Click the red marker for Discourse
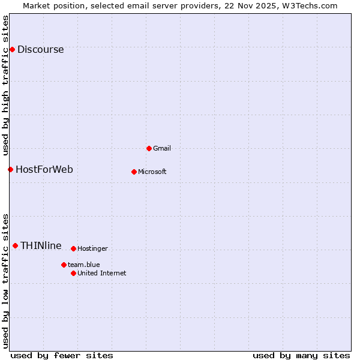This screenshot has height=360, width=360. click(12, 49)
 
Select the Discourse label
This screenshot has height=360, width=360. click(40, 50)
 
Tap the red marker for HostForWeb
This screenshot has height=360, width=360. click(10, 169)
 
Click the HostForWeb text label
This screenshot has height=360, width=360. click(44, 170)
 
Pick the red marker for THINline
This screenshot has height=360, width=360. click(15, 245)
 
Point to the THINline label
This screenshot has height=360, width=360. click(41, 246)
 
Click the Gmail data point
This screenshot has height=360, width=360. click(149, 148)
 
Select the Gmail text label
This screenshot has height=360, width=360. click(162, 149)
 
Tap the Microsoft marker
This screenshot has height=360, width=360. click(134, 172)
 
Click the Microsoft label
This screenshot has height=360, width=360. click(152, 172)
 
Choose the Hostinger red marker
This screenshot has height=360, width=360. click(73, 248)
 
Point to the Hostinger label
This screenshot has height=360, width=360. click(92, 249)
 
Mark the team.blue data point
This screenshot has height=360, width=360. click(64, 265)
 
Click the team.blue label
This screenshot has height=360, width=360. click(84, 265)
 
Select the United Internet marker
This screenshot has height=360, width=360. click(73, 273)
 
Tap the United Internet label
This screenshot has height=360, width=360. click(102, 274)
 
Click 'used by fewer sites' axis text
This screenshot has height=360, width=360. click(62, 355)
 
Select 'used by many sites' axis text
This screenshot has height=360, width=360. click(301, 355)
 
